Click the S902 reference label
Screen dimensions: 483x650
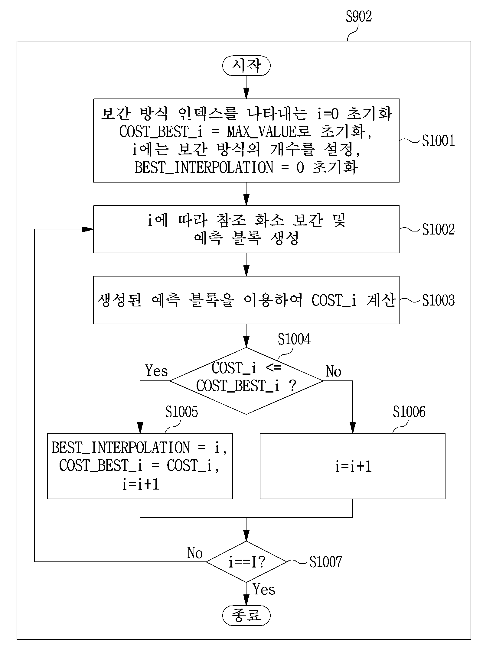tap(359, 17)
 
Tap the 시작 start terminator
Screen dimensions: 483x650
tap(246, 66)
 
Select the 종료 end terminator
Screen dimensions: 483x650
tap(246, 616)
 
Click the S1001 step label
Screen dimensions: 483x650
tap(438, 141)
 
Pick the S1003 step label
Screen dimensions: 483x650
tap(438, 300)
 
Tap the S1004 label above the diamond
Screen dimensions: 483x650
tap(294, 339)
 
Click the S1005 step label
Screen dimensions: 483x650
tap(181, 412)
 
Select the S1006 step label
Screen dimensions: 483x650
tap(409, 412)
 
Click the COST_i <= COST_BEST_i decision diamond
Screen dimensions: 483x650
tap(246, 381)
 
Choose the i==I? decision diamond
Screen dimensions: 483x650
tap(246, 562)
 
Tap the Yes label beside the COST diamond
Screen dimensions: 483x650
tap(156, 370)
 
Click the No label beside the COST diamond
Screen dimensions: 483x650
tap(333, 371)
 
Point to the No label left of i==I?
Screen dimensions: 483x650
tap(195, 553)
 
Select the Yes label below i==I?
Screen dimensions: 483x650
tap(264, 589)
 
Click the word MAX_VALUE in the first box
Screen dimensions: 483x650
tap(262, 132)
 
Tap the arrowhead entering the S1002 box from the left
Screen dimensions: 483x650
tap(88, 229)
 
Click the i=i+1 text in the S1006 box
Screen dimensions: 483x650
tap(353, 467)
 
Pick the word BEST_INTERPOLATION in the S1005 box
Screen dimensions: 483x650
tap(120, 448)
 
